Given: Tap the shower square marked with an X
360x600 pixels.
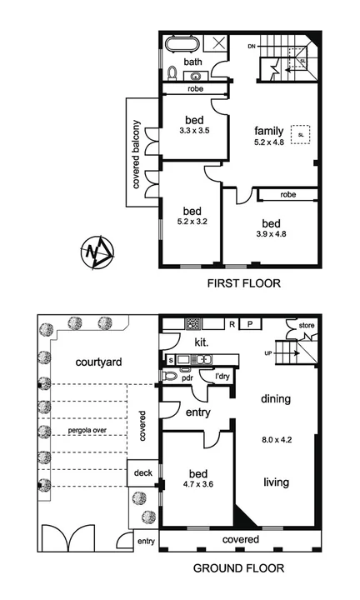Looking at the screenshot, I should tap(217, 44).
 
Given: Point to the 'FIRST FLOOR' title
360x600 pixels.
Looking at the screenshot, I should tap(243, 284).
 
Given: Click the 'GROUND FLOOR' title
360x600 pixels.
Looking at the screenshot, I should tap(239, 569).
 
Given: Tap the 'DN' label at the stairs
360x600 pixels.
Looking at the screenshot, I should tap(251, 47).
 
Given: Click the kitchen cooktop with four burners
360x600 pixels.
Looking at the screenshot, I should tap(194, 323).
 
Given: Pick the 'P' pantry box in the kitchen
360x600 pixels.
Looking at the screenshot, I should tap(249, 323).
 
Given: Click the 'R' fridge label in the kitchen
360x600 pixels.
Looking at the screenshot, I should tap(232, 323).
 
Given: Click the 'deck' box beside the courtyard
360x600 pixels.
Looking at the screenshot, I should tap(142, 472).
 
